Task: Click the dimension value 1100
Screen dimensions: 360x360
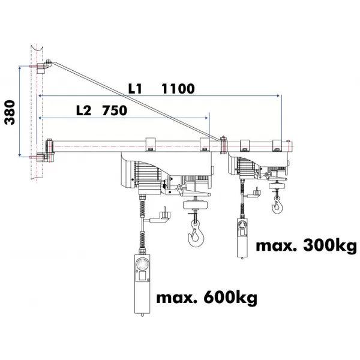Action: [178, 89]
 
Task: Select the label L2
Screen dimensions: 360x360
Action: [84, 110]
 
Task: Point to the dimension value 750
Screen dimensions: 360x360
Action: [114, 110]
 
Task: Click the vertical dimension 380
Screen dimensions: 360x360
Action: [10, 112]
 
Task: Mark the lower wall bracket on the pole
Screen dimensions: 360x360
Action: [43, 157]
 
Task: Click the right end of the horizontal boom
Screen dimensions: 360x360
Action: [292, 145]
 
